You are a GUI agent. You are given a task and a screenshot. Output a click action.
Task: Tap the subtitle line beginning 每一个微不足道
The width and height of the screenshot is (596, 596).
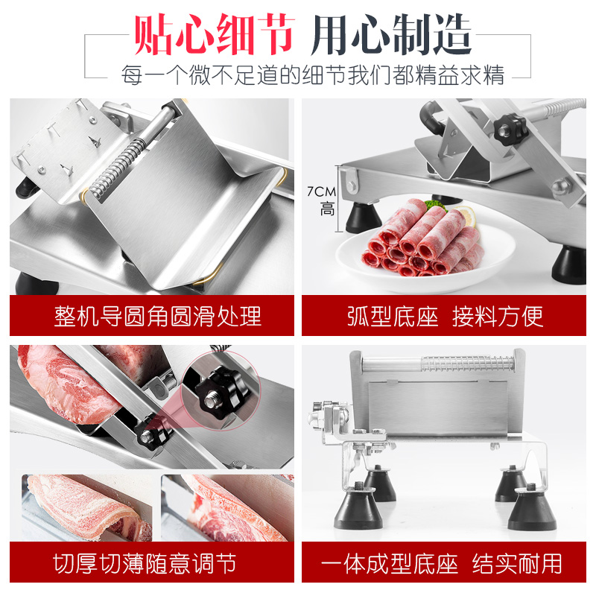tap(313, 74)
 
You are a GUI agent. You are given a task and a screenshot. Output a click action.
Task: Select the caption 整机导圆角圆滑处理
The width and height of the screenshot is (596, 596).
tap(157, 315)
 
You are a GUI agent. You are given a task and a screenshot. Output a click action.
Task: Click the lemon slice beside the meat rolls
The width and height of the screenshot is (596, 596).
tap(465, 217)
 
